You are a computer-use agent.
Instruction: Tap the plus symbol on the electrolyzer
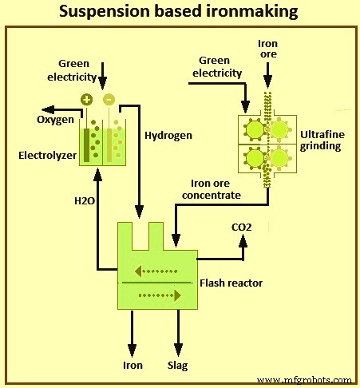pyautogui.click(x=86, y=100)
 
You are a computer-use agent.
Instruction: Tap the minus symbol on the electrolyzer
pyautogui.click(x=109, y=100)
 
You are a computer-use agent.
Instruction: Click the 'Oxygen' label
pyautogui.click(x=53, y=120)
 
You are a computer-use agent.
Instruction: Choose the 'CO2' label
pyautogui.click(x=241, y=228)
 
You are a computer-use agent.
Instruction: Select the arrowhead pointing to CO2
pyautogui.click(x=242, y=241)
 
